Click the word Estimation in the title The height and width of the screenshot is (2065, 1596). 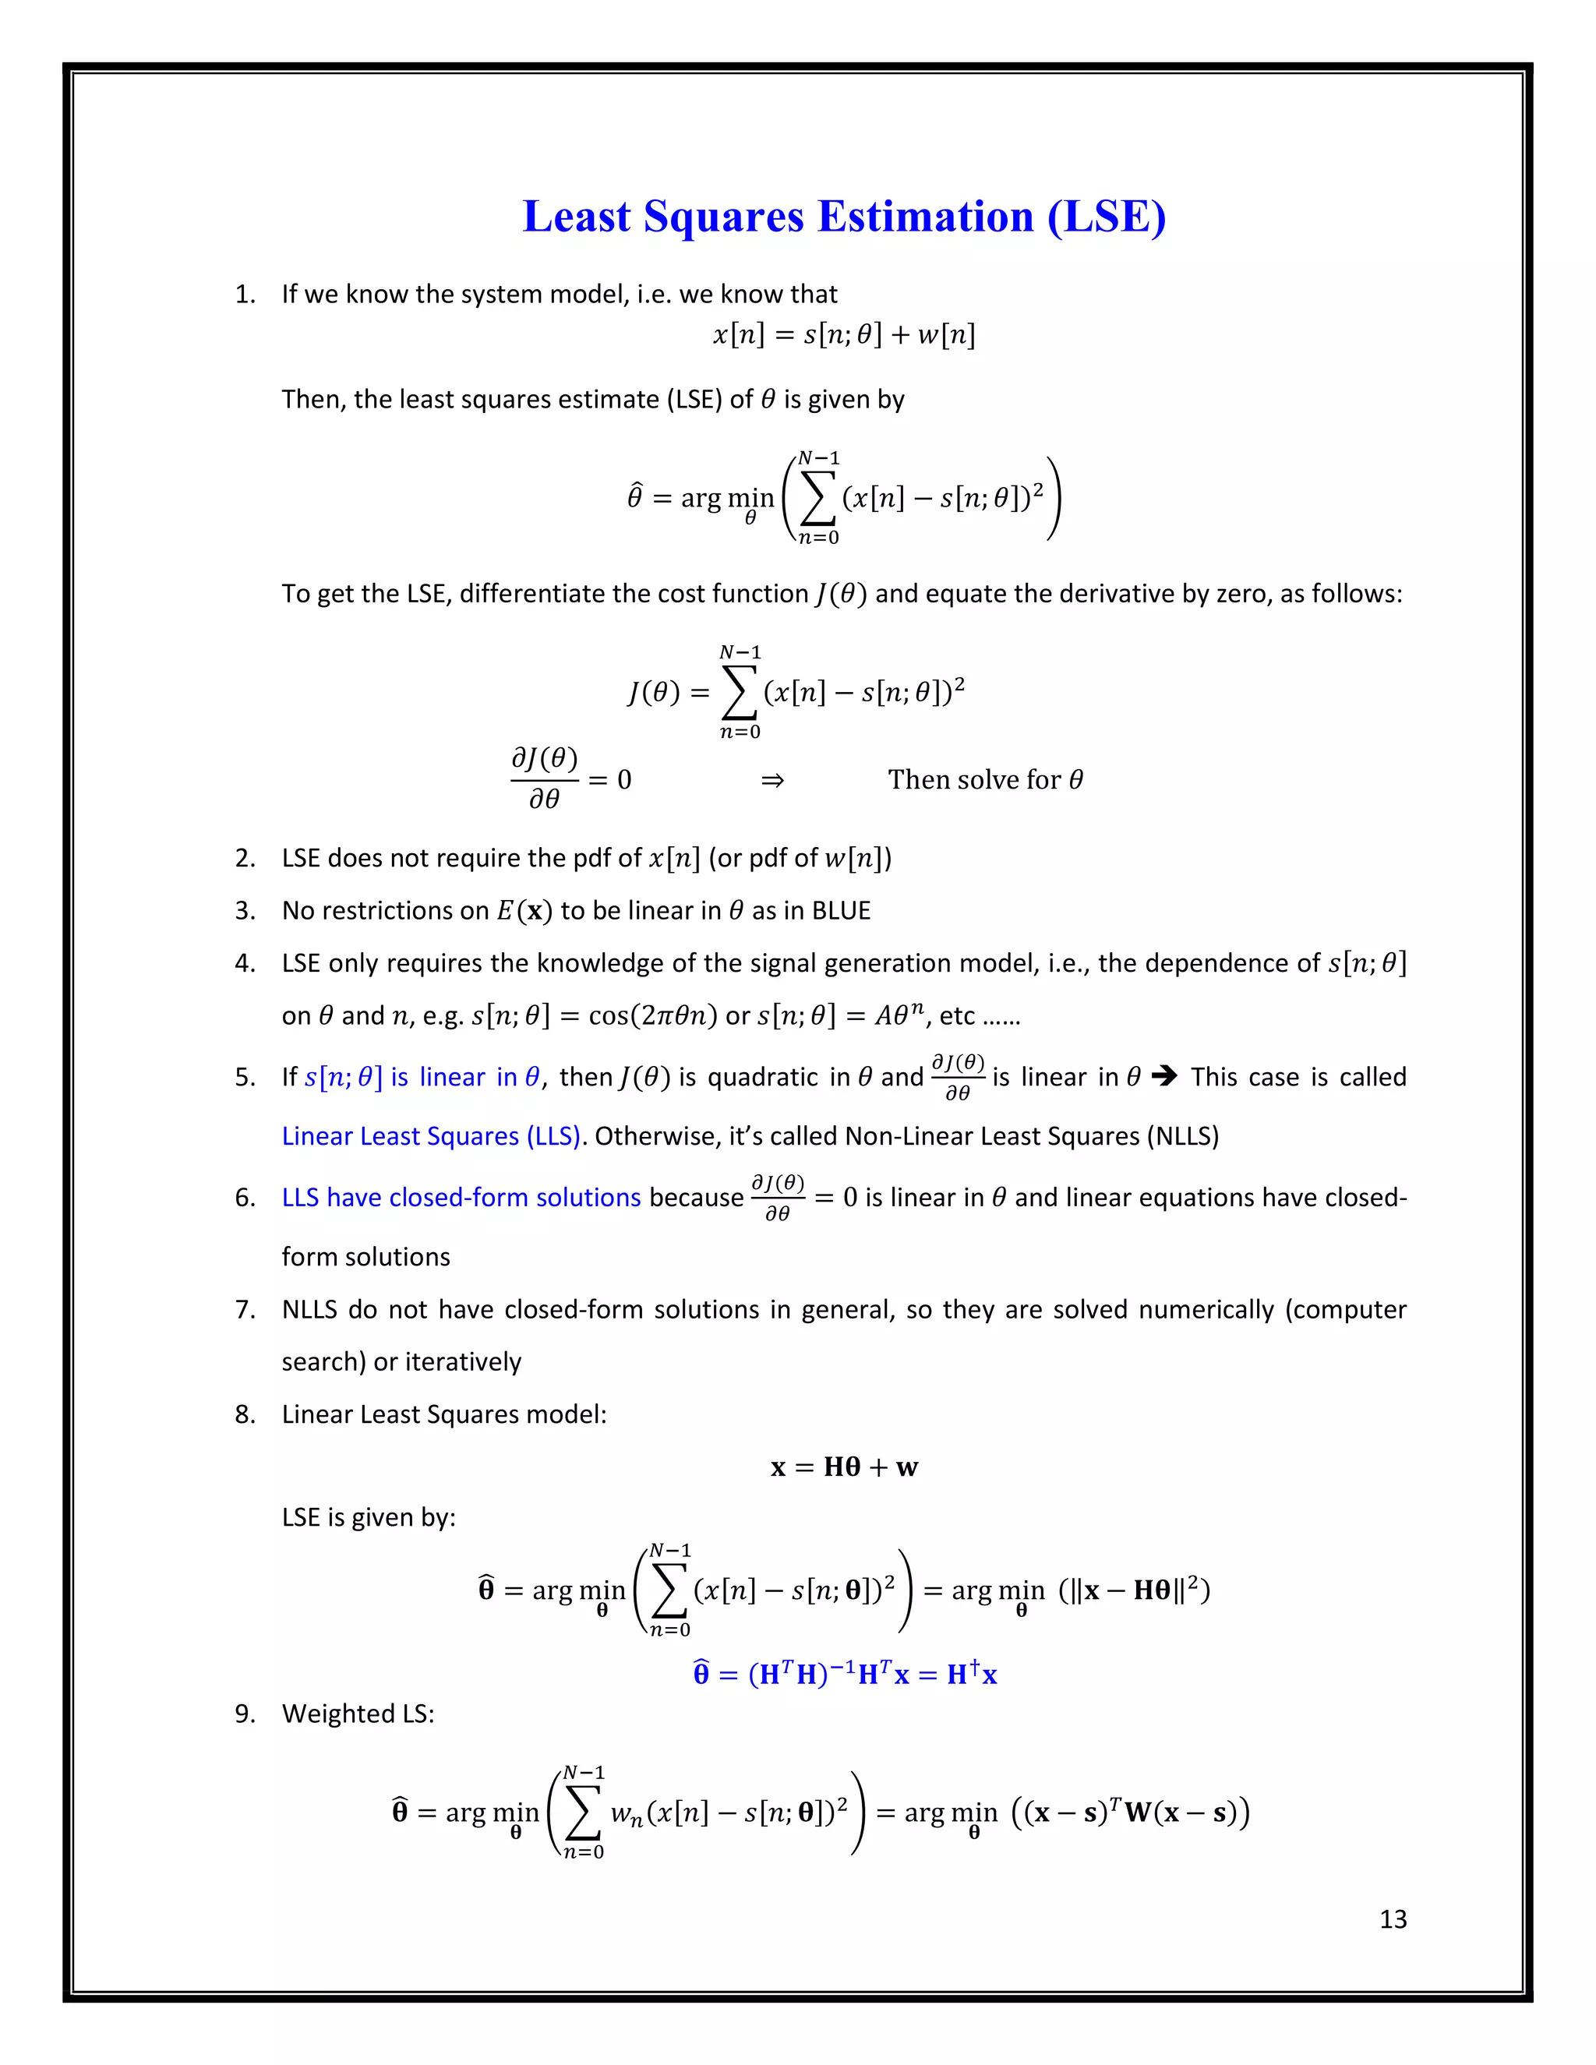926,217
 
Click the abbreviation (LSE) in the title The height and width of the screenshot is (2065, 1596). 1107,217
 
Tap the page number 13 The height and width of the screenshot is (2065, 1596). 1393,1919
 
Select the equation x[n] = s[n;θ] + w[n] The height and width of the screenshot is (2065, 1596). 843,335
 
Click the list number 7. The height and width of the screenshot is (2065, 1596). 244,1310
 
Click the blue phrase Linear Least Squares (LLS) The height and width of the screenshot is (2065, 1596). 431,1135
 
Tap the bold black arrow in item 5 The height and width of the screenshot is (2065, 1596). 1165,1077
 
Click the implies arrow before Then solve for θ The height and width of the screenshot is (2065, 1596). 772,780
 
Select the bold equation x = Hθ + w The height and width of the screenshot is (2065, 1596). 843,1467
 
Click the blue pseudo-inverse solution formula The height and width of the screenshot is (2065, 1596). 844,1674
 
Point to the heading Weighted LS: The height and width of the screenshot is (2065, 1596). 358,1714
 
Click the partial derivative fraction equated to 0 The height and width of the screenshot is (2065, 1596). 545,779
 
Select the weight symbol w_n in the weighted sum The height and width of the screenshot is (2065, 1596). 627,1813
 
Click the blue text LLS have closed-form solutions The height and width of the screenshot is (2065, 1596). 461,1197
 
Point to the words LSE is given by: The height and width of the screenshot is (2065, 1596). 369,1517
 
